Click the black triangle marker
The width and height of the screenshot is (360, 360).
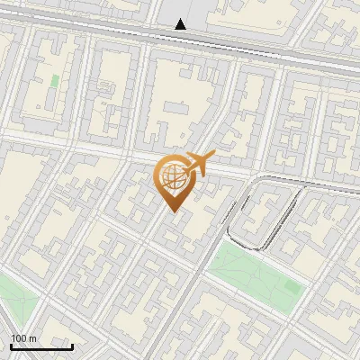(x=181, y=24)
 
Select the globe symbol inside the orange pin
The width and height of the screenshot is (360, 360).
(x=172, y=178)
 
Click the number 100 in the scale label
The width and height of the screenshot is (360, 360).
(x=19, y=338)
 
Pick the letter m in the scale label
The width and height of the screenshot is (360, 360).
(x=33, y=338)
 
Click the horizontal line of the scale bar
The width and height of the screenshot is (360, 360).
(x=41, y=346)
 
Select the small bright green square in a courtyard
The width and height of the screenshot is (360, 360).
(x=55, y=81)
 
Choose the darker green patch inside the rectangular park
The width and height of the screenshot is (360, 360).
(x=290, y=286)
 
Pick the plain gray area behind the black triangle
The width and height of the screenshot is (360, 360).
(x=193, y=13)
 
